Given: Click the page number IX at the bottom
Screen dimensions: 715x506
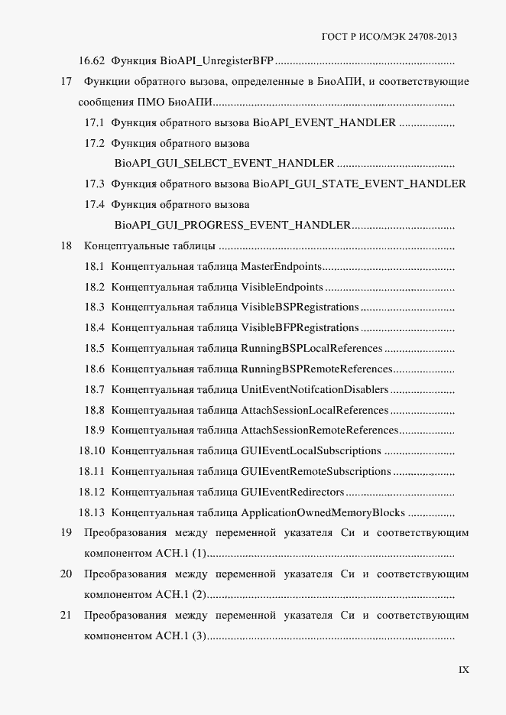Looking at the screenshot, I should coord(463,670).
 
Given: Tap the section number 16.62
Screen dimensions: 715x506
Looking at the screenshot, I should coord(92,60).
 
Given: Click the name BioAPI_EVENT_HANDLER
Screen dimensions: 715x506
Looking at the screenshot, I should coord(324,122).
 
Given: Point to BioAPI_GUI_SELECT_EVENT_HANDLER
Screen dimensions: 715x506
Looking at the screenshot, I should coord(224,164).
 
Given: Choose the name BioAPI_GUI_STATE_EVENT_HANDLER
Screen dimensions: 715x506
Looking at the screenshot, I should coord(359,184).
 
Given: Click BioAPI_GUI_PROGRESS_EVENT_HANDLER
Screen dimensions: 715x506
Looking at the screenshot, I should coord(232,226).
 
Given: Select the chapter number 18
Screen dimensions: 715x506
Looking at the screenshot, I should coord(66,246).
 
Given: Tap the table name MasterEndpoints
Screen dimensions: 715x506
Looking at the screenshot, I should coord(281,267).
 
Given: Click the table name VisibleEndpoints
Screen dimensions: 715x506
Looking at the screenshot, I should coord(282,288).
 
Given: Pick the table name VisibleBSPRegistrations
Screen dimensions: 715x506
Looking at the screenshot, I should coord(300,307).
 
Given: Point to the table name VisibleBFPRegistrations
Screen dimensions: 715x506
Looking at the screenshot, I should coord(300,328).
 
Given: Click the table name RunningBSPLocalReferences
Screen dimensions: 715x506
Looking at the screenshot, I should coord(311,349).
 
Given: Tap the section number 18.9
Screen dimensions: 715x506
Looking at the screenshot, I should coord(95,431).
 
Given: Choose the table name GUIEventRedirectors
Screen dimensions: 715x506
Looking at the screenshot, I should coord(293,492).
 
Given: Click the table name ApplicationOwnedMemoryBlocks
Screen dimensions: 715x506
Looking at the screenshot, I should coord(323,512).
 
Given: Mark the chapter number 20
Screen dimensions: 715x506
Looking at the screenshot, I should coord(66,574).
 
